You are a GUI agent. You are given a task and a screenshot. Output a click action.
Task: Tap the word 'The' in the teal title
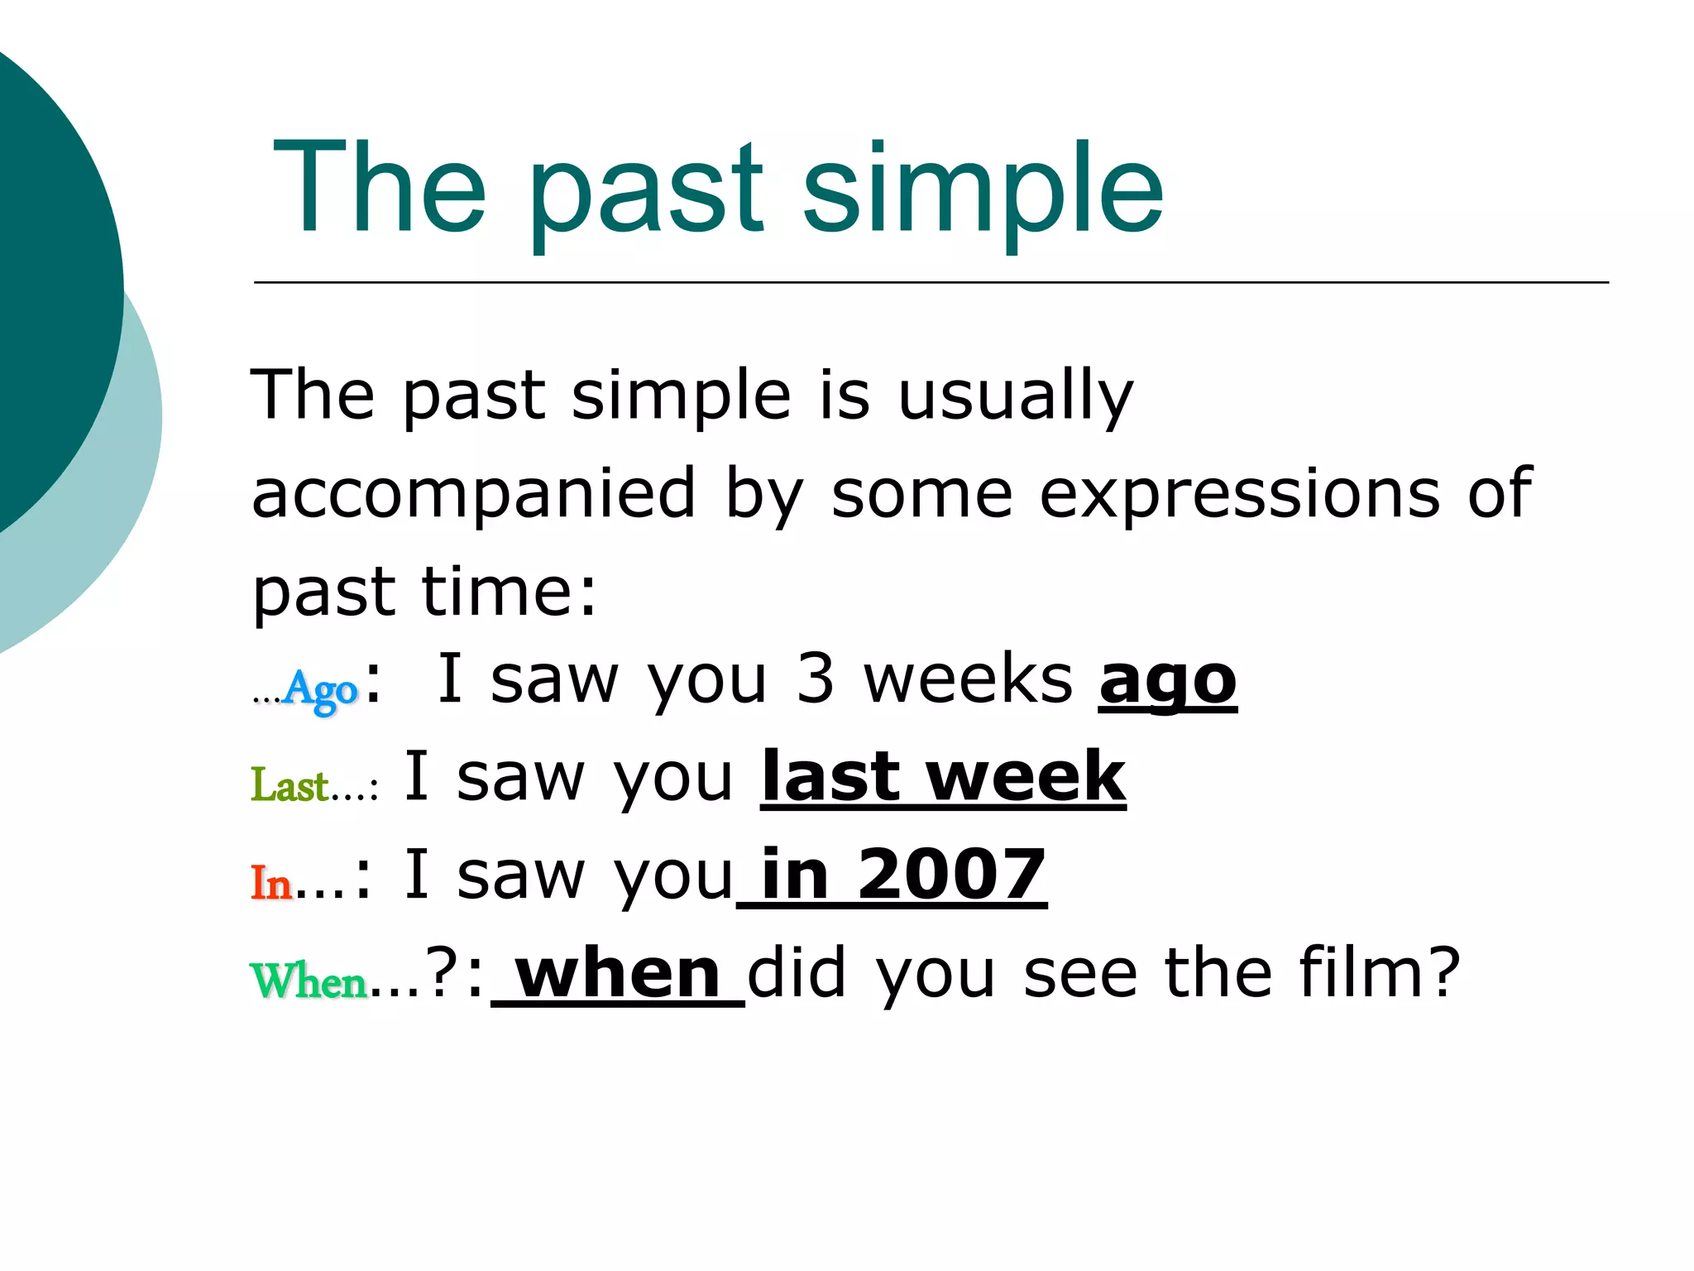point(379,189)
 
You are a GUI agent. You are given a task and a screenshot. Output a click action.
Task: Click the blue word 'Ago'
point(320,688)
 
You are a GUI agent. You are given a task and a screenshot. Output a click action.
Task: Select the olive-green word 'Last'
point(290,784)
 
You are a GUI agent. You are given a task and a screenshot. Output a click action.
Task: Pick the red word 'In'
point(271,883)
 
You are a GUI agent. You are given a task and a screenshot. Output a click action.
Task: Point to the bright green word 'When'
point(309,981)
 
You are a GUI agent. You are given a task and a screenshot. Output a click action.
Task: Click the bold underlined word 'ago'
point(1167,682)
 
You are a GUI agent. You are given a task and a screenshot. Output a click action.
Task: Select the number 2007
point(951,875)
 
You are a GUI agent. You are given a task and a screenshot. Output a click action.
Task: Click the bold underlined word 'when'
point(618,974)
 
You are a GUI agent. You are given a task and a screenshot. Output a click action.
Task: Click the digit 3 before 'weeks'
point(815,679)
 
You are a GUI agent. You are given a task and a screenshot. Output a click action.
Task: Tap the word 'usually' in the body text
point(1015,396)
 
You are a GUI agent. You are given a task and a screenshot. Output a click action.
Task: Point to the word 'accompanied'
point(473,494)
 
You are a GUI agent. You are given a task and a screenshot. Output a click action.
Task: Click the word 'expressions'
point(1239,494)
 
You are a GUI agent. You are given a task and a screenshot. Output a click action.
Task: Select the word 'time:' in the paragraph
point(509,592)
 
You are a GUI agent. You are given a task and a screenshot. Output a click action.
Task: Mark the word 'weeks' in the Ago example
point(968,679)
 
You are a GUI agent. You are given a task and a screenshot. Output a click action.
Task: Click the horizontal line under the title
point(931,282)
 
